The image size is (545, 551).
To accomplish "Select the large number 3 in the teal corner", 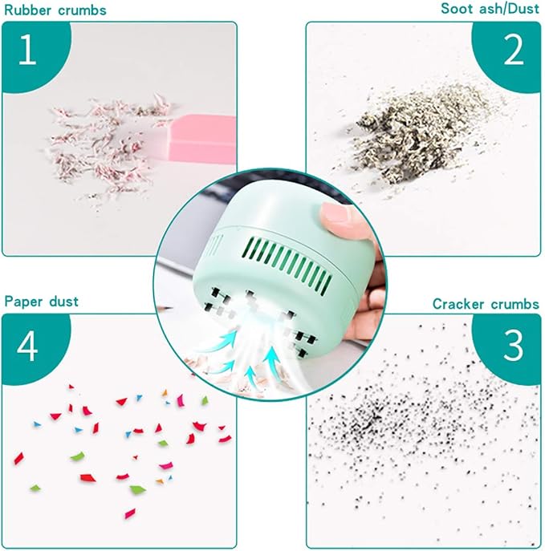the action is [x=514, y=346].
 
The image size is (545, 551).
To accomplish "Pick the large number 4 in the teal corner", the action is [x=27, y=346].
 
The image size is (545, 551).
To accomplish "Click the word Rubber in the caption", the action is [x=28, y=10].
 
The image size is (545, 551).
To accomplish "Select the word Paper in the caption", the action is [x=23, y=302].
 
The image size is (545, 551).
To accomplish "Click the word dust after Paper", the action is [x=64, y=302].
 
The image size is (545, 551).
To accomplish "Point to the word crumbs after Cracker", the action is [x=514, y=304].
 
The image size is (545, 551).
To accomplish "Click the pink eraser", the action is [x=204, y=139].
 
